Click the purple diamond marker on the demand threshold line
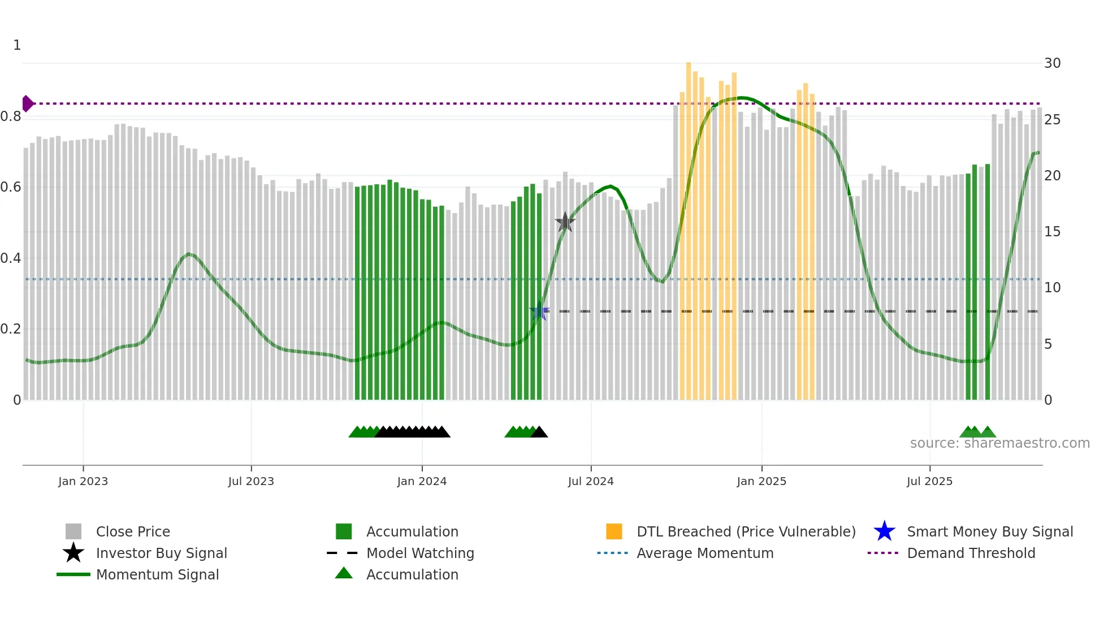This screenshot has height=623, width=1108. (27, 103)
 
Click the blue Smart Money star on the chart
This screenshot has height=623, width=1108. (539, 311)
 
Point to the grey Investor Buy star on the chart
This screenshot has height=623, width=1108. (565, 222)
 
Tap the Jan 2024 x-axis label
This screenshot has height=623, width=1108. (422, 481)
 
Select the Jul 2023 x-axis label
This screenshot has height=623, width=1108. (251, 481)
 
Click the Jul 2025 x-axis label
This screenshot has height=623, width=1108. (929, 481)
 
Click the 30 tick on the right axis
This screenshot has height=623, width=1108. (1052, 63)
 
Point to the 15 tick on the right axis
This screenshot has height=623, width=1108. (1052, 232)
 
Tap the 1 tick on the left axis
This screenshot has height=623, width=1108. (17, 45)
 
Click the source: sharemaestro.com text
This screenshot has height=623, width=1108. (999, 443)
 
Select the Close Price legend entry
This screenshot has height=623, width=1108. (133, 531)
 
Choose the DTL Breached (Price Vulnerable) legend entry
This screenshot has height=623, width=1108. (746, 531)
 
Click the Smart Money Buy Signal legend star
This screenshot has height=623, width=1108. (884, 531)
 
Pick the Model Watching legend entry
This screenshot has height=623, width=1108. (420, 553)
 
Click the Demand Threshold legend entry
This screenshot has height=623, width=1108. (971, 553)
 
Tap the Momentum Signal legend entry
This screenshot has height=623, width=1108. (157, 574)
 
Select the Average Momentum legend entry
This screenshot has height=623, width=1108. (705, 553)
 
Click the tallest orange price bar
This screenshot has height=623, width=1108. (689, 226)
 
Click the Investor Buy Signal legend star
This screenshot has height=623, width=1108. (73, 553)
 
